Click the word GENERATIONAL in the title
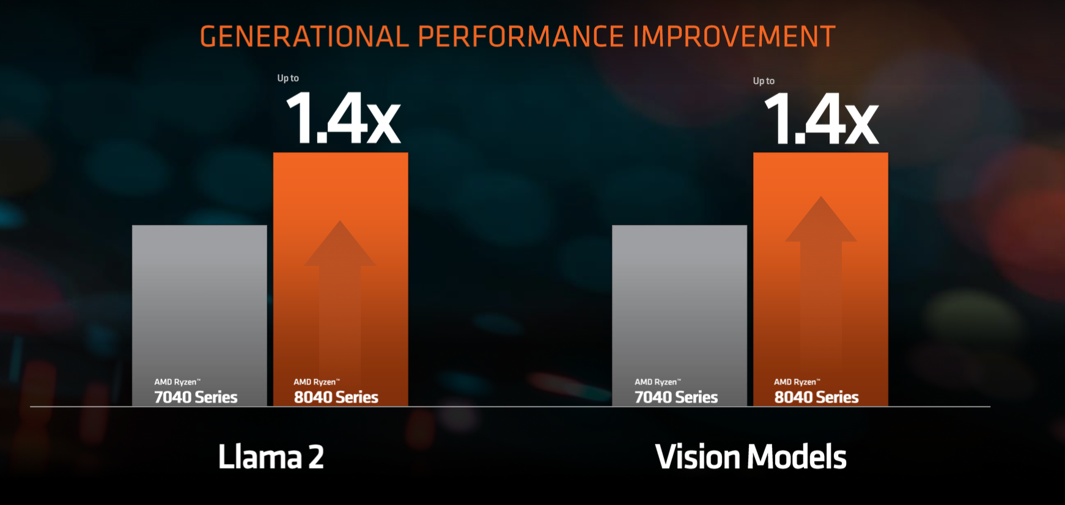point(304,37)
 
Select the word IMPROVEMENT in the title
point(734,37)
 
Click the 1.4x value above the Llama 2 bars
point(342,119)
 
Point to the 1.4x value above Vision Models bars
point(821,119)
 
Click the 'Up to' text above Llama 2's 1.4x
point(288,78)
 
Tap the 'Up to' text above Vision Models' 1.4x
point(764,81)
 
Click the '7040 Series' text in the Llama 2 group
point(196,397)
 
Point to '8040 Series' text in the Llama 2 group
point(336,397)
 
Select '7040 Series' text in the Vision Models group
point(676,397)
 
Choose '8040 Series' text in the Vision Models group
point(817,397)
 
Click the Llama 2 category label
point(271,457)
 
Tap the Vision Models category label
point(751,457)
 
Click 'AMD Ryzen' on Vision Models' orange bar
point(796,382)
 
